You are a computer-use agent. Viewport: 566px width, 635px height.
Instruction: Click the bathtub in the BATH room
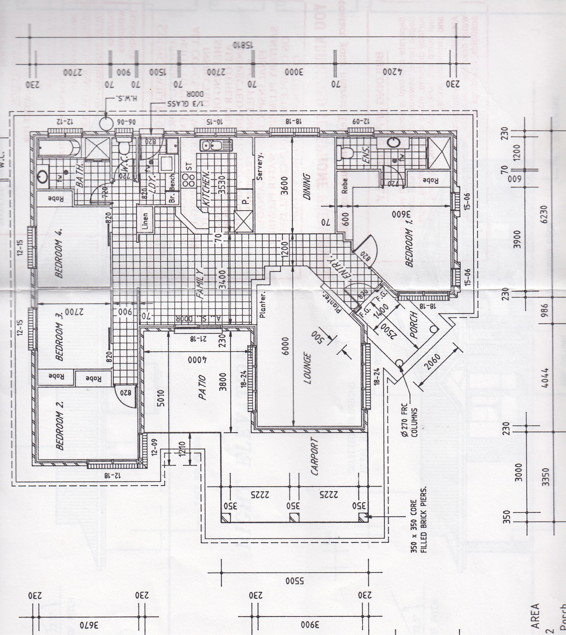(x=58, y=147)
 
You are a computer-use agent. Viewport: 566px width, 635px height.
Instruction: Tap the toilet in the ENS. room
(x=346, y=153)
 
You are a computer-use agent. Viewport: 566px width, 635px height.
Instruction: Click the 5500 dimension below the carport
(x=294, y=581)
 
